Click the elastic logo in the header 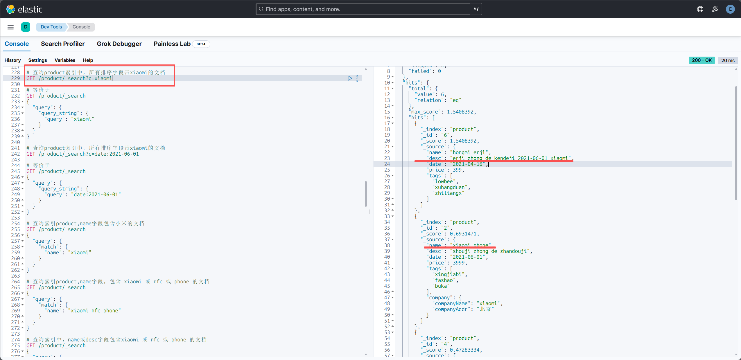24,9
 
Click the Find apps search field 363,9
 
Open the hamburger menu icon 11,27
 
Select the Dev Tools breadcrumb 51,27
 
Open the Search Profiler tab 63,44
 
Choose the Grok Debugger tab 119,44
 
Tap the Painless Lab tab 172,44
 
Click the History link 13,60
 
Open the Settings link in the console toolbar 37,60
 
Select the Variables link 65,60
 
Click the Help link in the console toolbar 88,60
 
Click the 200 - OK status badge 702,60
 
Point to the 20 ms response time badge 728,60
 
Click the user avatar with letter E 730,9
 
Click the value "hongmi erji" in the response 469,152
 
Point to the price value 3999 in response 459,263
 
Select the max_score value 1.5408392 460,112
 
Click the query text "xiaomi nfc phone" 94,311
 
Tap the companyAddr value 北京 485,309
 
